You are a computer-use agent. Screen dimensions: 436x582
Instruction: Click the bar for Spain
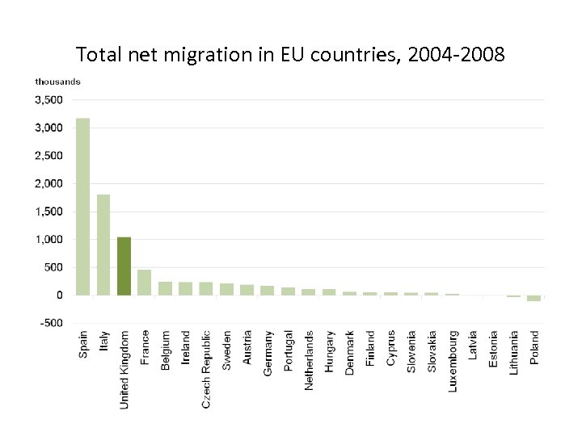(x=82, y=207)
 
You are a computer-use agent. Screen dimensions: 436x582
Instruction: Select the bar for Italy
(x=103, y=245)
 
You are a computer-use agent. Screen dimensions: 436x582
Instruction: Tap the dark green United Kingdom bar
(x=124, y=266)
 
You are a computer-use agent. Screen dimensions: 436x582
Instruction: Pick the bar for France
(x=145, y=283)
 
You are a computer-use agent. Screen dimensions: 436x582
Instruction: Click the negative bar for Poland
(x=533, y=298)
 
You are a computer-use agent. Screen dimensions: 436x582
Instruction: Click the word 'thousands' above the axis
(x=57, y=82)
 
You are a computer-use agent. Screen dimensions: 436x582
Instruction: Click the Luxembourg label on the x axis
(x=453, y=361)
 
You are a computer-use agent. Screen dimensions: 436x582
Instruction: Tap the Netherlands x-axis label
(x=309, y=360)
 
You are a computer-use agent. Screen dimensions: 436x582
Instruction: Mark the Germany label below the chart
(x=268, y=352)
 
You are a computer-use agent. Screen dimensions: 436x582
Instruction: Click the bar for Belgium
(x=165, y=288)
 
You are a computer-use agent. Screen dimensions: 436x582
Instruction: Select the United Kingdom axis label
(x=124, y=369)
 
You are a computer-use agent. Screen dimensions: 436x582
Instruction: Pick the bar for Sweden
(x=227, y=289)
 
